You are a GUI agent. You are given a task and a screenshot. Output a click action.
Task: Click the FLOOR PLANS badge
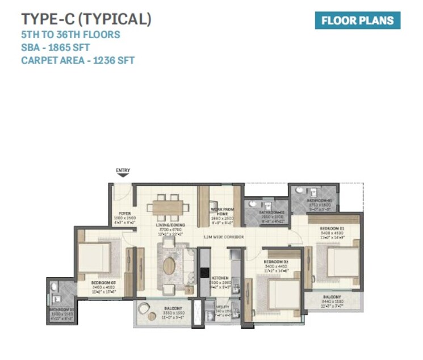point(357,20)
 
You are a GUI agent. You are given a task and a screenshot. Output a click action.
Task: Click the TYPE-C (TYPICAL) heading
point(86,19)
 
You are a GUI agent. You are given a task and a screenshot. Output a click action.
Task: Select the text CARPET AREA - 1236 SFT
point(78,60)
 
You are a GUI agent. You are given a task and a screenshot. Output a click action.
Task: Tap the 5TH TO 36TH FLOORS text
point(70,35)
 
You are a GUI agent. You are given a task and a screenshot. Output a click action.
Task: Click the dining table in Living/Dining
point(168,207)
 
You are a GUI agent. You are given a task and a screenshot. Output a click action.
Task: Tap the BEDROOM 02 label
point(276,262)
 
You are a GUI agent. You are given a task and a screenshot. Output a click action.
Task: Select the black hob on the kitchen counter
point(204,272)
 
